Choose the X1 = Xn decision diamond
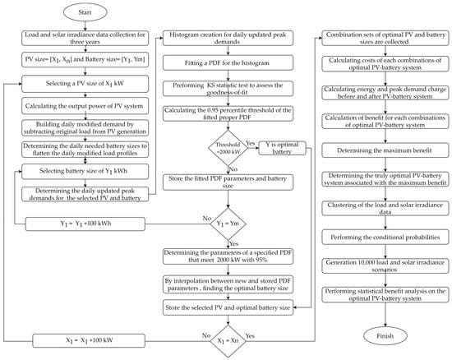229,338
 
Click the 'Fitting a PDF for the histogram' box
229,64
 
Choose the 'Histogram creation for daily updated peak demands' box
229,40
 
